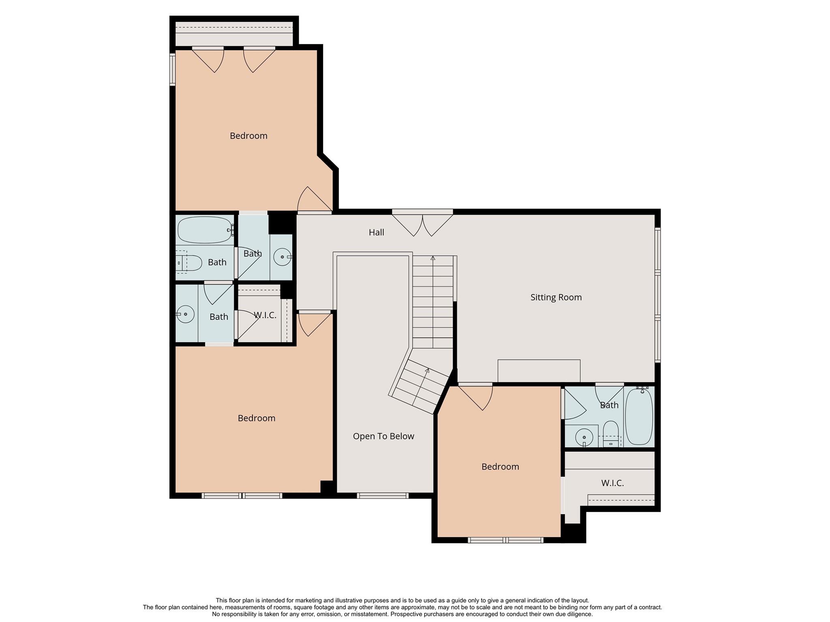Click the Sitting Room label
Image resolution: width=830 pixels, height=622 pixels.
point(556,297)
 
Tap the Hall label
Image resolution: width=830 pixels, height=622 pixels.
point(376,232)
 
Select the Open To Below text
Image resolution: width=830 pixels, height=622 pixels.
point(383,436)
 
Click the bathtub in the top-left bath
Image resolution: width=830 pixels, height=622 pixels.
point(205,230)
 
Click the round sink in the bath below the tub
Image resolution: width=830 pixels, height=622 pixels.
point(186,314)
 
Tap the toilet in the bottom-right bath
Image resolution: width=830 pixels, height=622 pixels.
point(610,433)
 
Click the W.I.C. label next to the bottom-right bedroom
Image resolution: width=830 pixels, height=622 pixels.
point(612,483)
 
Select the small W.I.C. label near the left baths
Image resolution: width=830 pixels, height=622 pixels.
point(265,315)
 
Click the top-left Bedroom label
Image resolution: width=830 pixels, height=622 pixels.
point(248,136)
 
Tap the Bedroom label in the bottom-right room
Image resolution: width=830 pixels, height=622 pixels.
point(500,466)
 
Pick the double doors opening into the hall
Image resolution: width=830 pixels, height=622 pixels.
point(422,224)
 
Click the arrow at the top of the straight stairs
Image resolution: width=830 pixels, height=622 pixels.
point(433,258)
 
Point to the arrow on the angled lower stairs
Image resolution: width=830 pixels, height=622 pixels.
point(427,370)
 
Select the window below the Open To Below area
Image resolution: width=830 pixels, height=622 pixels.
point(383,495)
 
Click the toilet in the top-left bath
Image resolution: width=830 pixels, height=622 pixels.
point(188,263)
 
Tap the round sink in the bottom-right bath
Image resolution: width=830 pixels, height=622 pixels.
point(584,437)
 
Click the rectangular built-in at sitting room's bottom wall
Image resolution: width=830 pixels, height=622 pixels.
point(539,371)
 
